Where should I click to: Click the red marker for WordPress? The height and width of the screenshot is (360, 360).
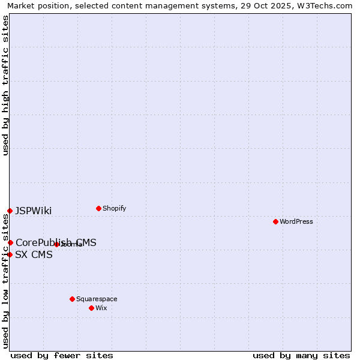[275, 221]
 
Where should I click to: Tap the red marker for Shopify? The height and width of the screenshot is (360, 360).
[98, 208]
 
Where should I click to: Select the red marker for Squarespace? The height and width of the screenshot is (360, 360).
[72, 299]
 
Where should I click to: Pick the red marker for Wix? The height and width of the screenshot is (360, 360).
[91, 308]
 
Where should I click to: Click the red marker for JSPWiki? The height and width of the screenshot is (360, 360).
[10, 211]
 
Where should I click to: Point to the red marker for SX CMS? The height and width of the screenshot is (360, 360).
[10, 254]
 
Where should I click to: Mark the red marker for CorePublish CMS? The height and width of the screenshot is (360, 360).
[10, 242]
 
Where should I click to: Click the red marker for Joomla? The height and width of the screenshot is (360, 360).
[56, 244]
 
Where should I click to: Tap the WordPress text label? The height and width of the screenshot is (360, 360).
[296, 221]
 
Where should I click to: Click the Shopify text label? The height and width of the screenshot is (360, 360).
[114, 208]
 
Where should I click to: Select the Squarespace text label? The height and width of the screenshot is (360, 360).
[97, 299]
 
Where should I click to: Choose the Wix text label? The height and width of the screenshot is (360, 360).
[101, 308]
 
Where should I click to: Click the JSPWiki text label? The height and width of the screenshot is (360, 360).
[34, 211]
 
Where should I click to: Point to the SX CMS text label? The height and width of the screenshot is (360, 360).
[34, 254]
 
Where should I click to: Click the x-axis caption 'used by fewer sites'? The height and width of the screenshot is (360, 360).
[62, 355]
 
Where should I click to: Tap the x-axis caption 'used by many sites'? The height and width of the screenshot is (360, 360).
[301, 355]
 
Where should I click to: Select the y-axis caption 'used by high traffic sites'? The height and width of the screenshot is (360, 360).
[5, 85]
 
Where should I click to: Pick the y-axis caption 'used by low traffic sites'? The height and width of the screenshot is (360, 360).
[5, 281]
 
